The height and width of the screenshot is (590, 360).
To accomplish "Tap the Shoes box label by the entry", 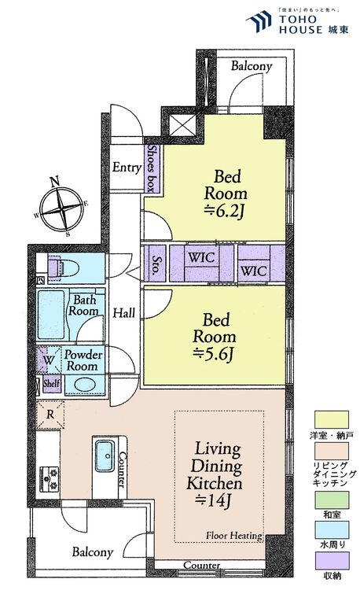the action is (152, 168).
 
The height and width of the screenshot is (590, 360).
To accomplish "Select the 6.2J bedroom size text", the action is (224, 212).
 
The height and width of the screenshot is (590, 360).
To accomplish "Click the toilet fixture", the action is (63, 268).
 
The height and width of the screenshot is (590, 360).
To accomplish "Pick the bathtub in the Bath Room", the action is (51, 315).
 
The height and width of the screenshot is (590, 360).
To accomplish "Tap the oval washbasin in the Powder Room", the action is (85, 385).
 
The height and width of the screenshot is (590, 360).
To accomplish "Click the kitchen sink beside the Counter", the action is (105, 455).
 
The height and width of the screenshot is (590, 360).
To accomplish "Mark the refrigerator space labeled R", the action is (50, 415).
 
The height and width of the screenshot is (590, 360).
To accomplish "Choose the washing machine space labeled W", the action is (49, 360).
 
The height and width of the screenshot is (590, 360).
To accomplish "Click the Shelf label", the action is (51, 383).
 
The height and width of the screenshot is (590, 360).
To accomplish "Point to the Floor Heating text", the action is (234, 536).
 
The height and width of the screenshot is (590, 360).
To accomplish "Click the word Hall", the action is (124, 312).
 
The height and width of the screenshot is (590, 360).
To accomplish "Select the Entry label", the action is (127, 167).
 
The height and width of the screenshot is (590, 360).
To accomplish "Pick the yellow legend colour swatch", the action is (332, 420).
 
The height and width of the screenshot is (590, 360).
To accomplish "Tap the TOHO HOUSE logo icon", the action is (259, 20).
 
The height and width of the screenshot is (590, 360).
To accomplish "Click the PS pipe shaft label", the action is (40, 280).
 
